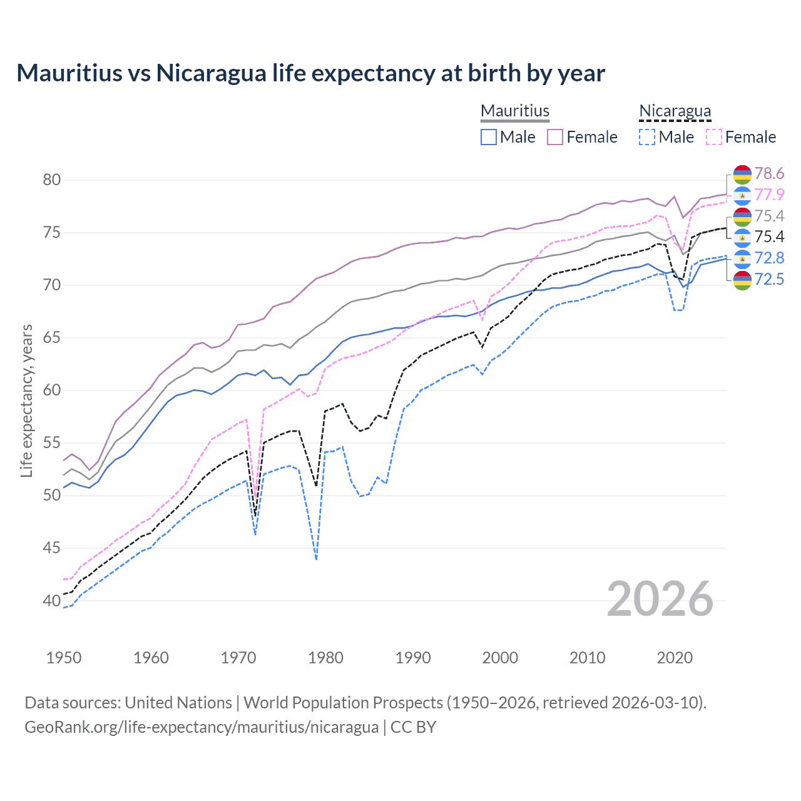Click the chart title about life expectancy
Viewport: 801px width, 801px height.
pyautogui.click(x=310, y=73)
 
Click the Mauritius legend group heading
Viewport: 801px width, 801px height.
pyautogui.click(x=514, y=111)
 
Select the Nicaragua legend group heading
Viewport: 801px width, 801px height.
pyautogui.click(x=675, y=111)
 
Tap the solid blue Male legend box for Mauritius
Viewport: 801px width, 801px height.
pyautogui.click(x=489, y=137)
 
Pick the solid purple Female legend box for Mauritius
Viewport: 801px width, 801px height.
pyautogui.click(x=555, y=137)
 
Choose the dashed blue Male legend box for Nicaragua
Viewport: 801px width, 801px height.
pyautogui.click(x=647, y=137)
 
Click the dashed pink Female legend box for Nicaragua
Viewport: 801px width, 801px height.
pyautogui.click(x=713, y=137)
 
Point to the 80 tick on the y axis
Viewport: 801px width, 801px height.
pyautogui.click(x=52, y=180)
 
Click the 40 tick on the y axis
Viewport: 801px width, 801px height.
pyautogui.click(x=52, y=601)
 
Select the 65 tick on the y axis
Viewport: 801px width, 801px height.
pyautogui.click(x=52, y=338)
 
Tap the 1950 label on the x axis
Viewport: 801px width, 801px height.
pyautogui.click(x=64, y=658)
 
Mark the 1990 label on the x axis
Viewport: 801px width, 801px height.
pyautogui.click(x=413, y=658)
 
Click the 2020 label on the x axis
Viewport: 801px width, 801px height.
pyautogui.click(x=675, y=658)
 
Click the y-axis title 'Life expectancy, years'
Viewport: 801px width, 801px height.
pyautogui.click(x=26, y=400)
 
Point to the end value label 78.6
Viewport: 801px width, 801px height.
pyautogui.click(x=769, y=173)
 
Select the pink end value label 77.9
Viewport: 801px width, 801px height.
pyautogui.click(x=769, y=195)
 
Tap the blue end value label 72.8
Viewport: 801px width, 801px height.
pyautogui.click(x=769, y=258)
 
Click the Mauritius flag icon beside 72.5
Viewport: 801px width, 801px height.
pyautogui.click(x=742, y=280)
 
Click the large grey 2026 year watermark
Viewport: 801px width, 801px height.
pyautogui.click(x=660, y=599)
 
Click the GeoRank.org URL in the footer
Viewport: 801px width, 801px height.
pyautogui.click(x=202, y=727)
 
